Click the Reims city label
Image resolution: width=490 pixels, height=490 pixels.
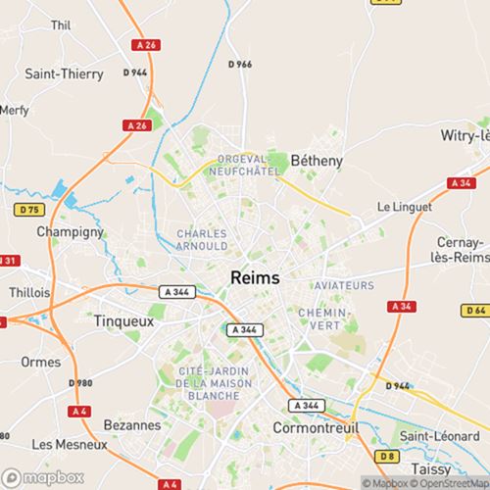click(x=254, y=277)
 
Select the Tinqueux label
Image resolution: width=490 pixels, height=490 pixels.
click(x=125, y=319)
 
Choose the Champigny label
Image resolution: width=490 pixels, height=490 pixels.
click(x=70, y=232)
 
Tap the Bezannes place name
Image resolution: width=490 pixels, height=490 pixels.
click(x=131, y=425)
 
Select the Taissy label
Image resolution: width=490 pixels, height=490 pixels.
click(x=432, y=469)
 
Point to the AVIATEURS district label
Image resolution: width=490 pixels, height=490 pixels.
click(x=344, y=285)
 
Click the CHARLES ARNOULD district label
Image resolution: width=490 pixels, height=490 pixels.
click(x=202, y=240)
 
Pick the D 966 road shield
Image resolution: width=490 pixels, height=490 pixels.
click(x=239, y=65)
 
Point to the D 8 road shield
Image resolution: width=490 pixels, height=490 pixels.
click(x=387, y=457)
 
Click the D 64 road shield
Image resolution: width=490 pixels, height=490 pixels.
click(x=476, y=311)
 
